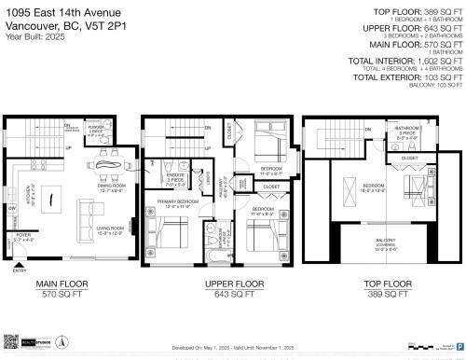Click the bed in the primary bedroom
pos(169,233)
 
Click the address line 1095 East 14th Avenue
pos(64,12)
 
